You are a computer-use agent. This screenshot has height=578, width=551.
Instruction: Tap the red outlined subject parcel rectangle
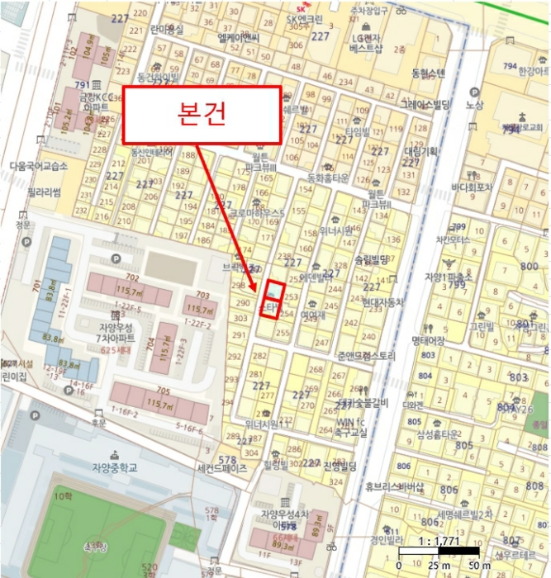(x=272, y=298)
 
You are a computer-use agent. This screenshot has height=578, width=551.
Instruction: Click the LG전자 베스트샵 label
(x=366, y=44)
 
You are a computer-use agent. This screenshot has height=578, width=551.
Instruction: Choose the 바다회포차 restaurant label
(x=472, y=187)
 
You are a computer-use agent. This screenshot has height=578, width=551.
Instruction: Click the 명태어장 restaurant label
(x=405, y=339)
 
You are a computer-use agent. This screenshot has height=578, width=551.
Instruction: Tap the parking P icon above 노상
(x=474, y=92)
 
